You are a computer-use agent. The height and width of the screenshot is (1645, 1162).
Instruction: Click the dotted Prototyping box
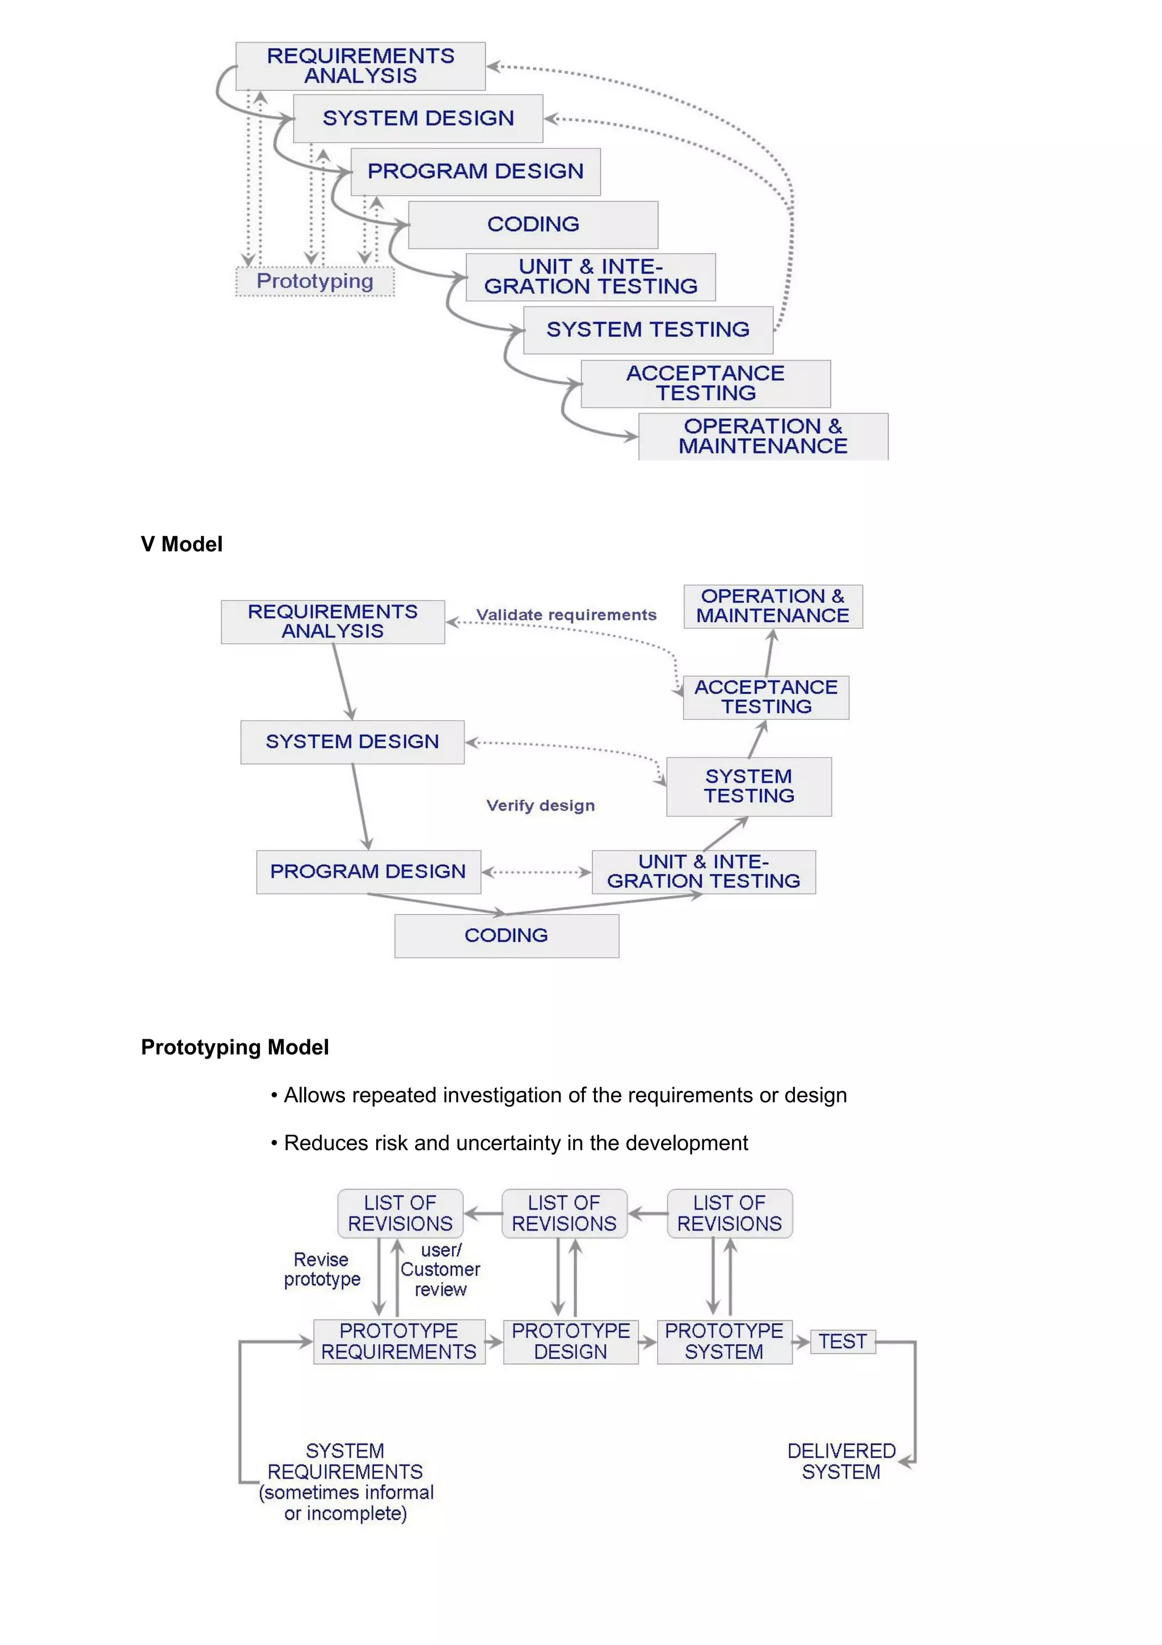point(315,281)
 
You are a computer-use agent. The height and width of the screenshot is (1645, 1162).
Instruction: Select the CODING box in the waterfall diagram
point(533,224)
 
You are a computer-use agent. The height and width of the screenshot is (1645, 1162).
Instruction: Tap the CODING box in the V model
point(506,935)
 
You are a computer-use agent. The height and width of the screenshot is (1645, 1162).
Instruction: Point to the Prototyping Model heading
point(234,1047)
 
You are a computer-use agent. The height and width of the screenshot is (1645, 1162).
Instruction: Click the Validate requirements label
point(566,615)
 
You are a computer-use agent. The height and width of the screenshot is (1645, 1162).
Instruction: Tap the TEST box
point(843,1341)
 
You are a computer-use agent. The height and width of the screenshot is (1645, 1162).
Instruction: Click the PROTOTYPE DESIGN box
point(571,1341)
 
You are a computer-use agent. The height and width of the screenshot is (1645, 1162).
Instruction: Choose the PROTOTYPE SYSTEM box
point(724,1341)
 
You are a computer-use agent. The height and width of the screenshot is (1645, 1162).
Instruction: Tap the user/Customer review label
point(440,1270)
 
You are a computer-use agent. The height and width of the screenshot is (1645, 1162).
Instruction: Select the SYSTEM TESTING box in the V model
point(749,786)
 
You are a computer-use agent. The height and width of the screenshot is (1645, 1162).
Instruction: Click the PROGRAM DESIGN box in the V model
point(368,871)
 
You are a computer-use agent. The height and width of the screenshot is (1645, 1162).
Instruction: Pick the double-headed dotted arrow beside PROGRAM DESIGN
point(536,872)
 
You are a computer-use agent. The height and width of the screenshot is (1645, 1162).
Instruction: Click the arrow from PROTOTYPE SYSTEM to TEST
point(801,1341)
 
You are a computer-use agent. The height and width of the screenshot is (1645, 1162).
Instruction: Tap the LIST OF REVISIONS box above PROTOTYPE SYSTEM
point(730,1213)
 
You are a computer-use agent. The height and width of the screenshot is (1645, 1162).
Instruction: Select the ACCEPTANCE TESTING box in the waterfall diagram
point(705,383)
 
